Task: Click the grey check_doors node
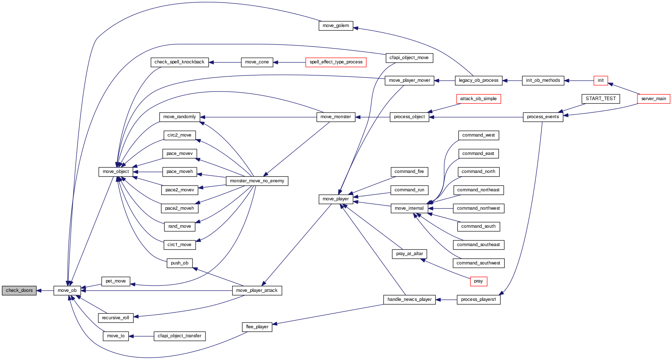[19, 290]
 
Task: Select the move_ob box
[67, 290]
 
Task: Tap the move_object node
[116, 172]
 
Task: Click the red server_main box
[654, 99]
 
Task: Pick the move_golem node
[336, 26]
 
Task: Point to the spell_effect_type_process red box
[336, 62]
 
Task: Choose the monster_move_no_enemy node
[257, 181]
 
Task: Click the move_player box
[336, 199]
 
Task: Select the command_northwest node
[478, 208]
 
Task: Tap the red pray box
[478, 281]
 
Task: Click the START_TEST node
[601, 99]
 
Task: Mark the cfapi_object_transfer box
[180, 336]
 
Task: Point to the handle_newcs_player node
[410, 299]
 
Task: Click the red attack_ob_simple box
[478, 99]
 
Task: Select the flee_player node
[257, 327]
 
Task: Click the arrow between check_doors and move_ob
[45, 290]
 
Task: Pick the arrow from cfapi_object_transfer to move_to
[141, 336]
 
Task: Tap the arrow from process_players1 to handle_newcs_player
[446, 299]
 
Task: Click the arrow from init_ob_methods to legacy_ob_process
[512, 81]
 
